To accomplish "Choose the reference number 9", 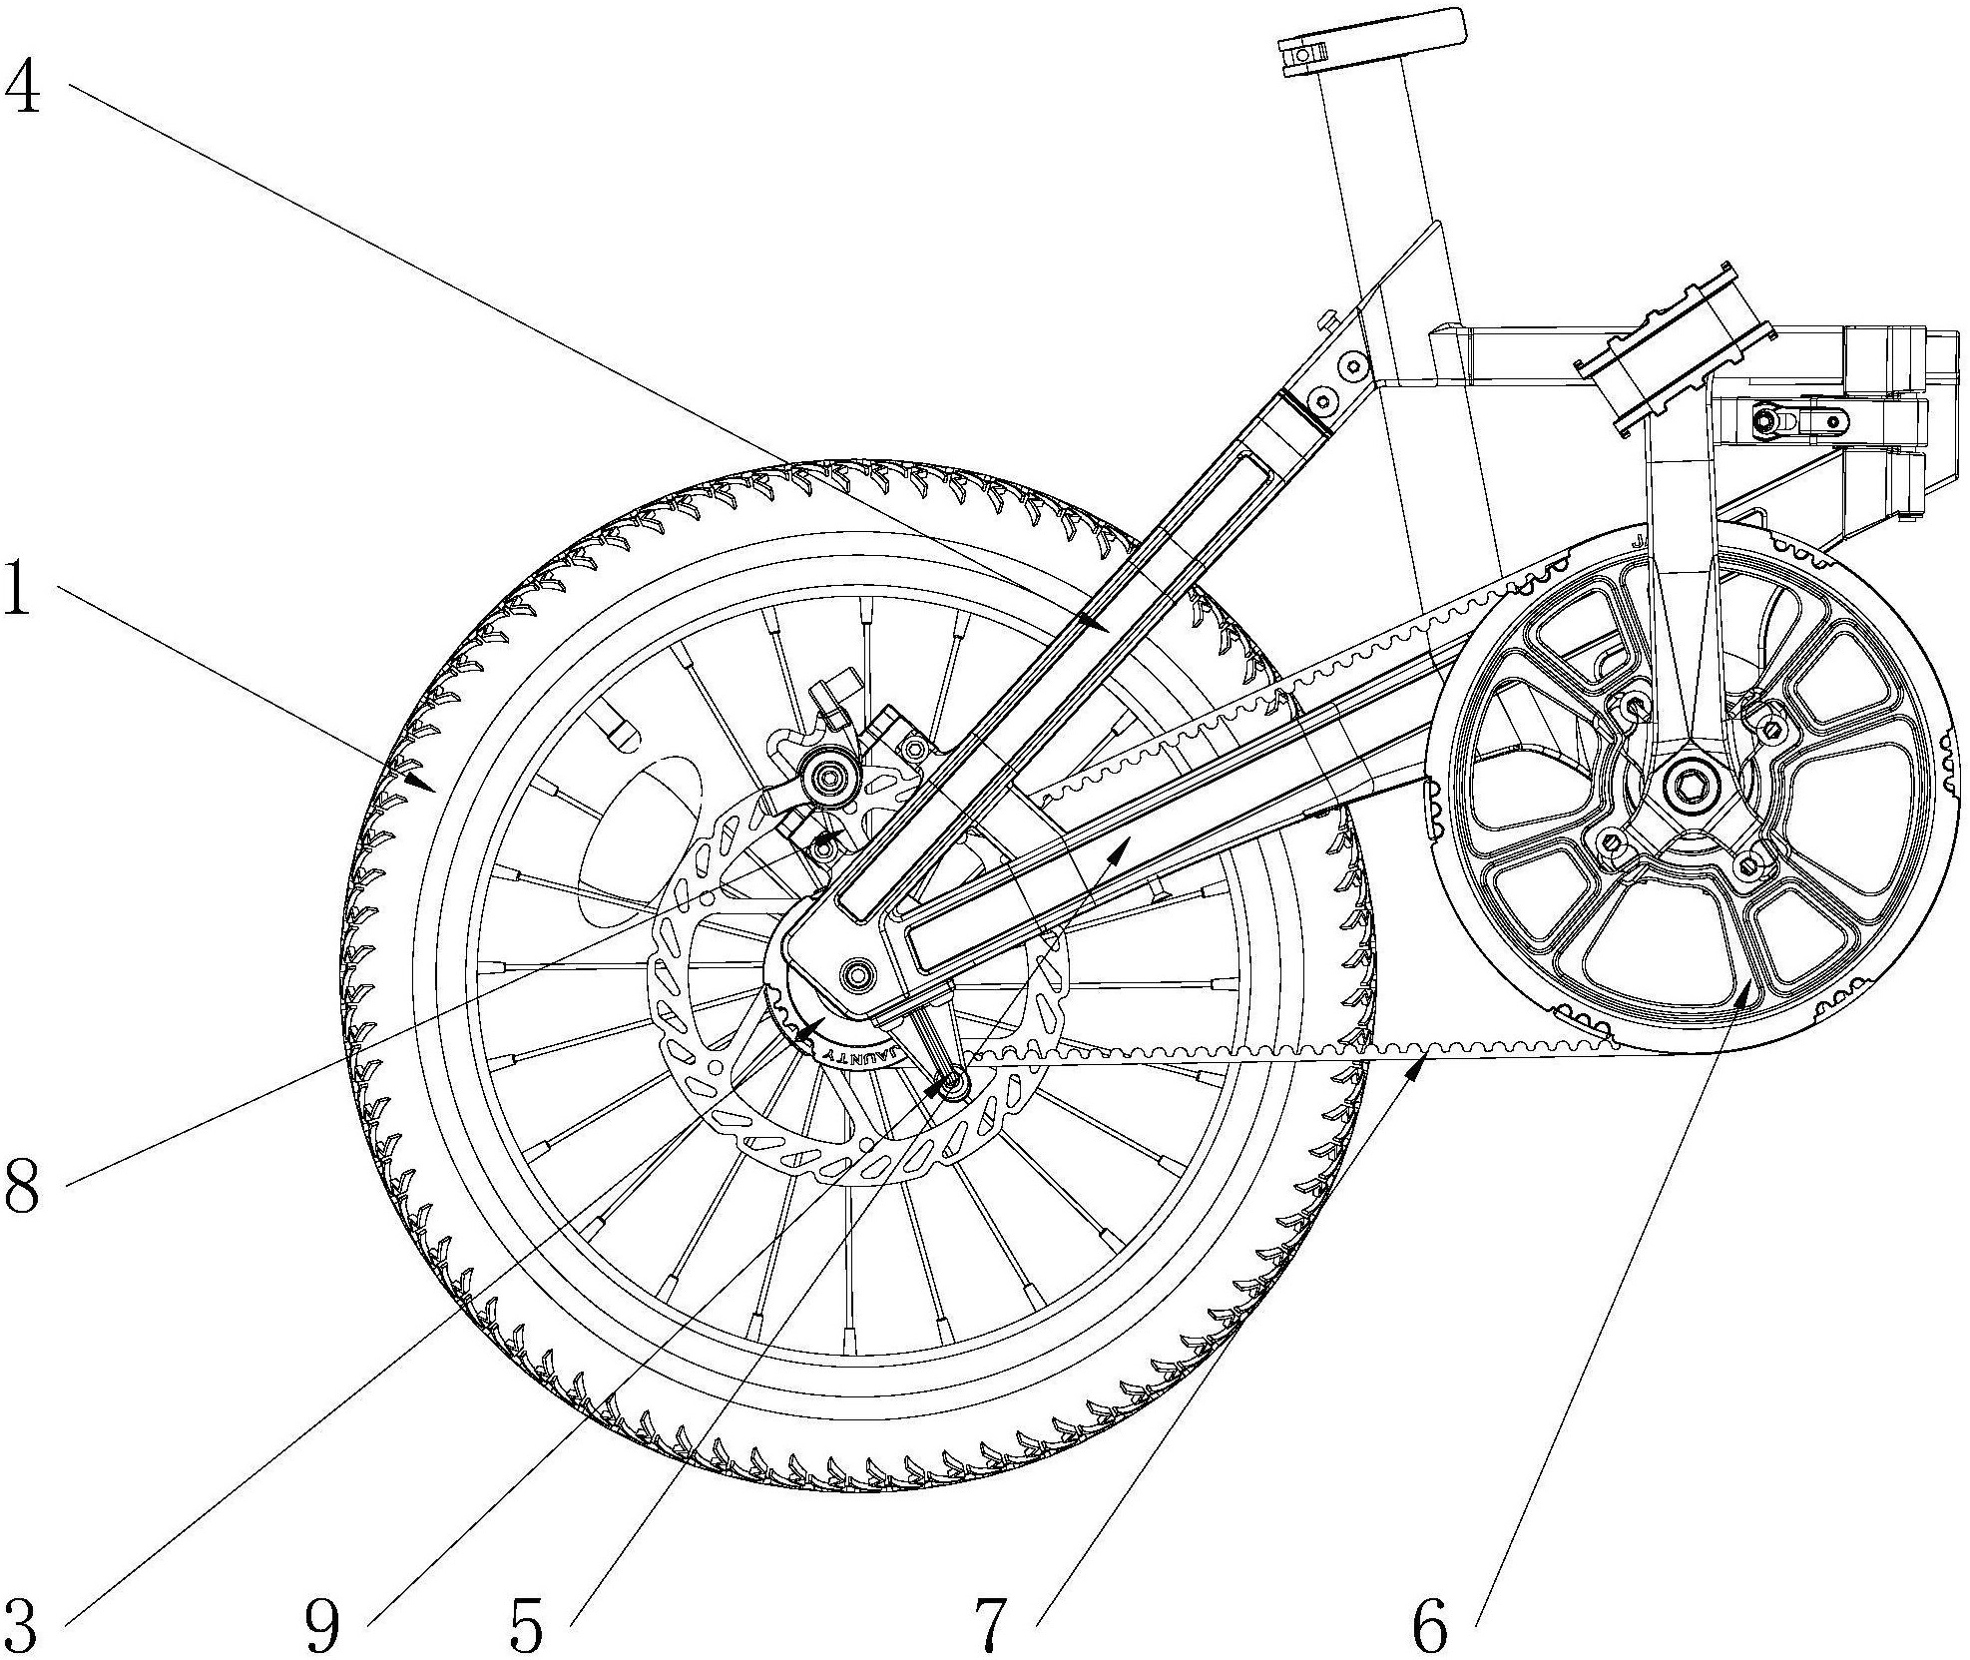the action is [321, 1625].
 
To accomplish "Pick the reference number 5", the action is [526, 1625].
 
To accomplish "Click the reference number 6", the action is [1429, 1625].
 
